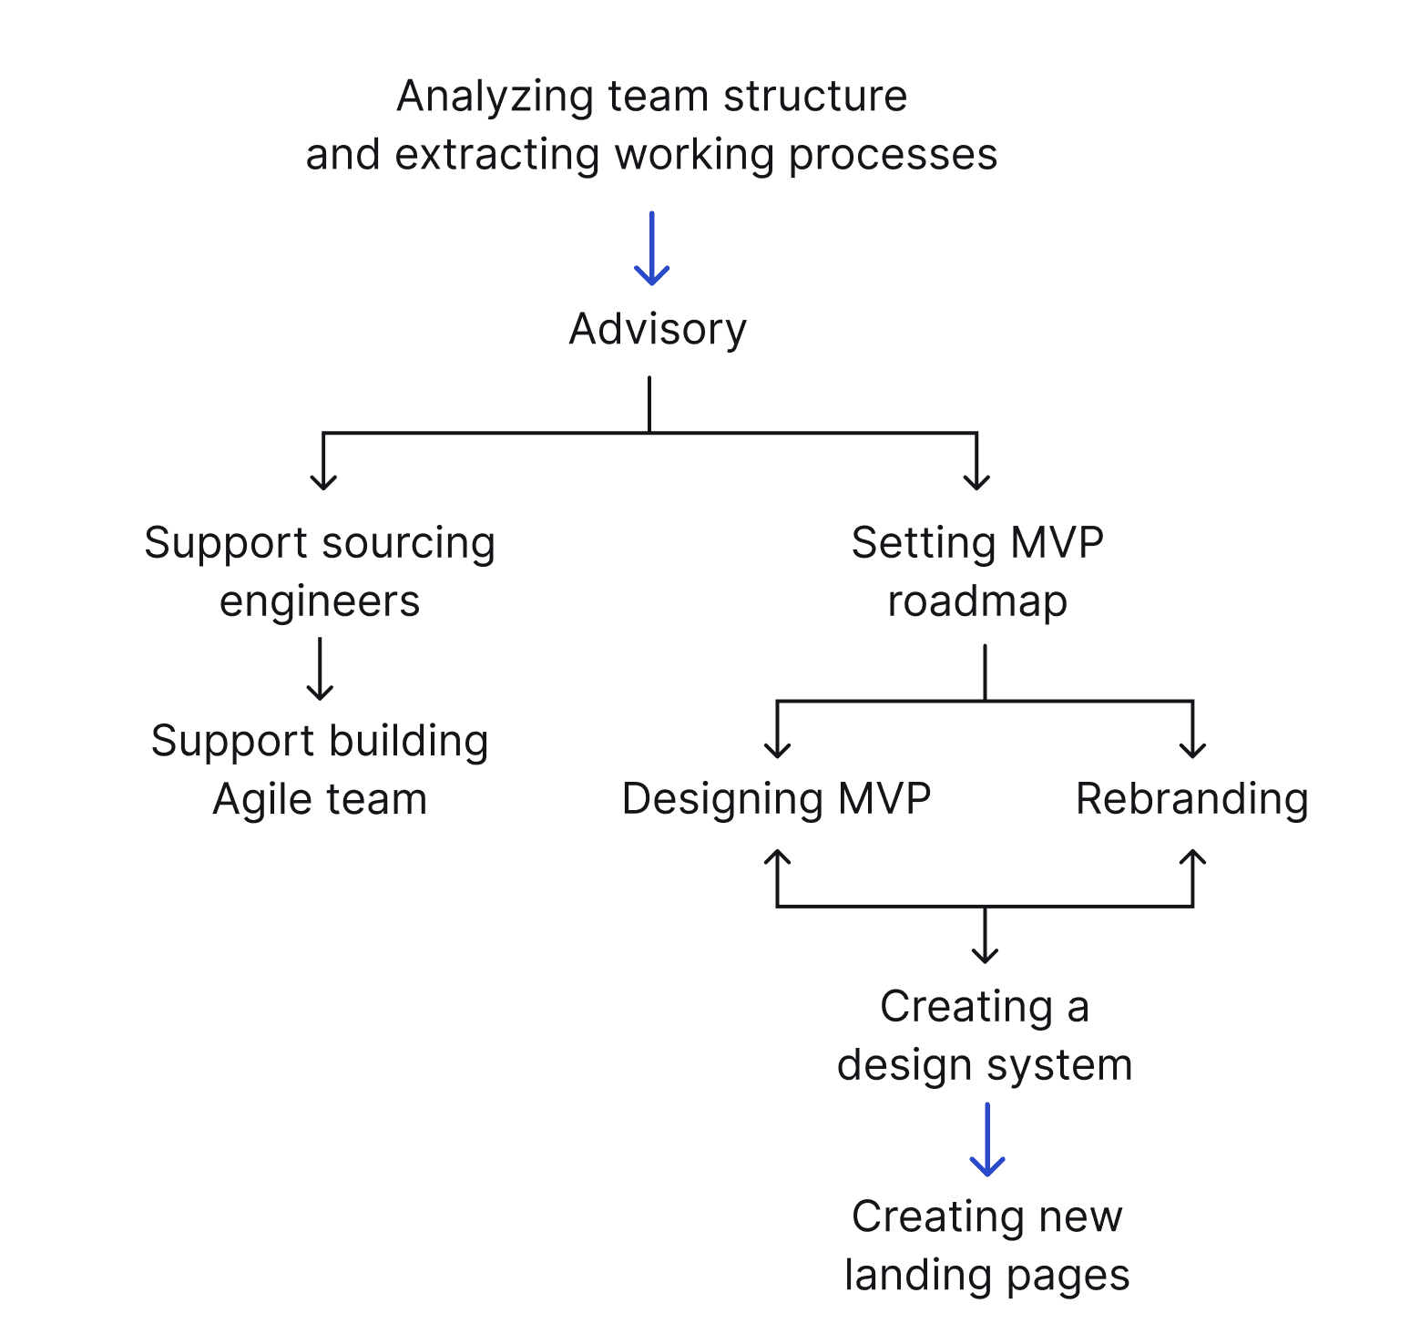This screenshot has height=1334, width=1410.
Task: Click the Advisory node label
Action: point(658,329)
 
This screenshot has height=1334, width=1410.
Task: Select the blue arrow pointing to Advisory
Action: point(651,248)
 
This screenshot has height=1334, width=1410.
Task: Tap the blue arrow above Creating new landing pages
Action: point(987,1139)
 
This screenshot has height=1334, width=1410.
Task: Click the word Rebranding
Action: point(1192,799)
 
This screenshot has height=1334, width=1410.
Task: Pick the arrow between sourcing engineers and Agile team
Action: point(320,669)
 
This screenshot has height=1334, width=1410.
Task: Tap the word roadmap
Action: point(977,602)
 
